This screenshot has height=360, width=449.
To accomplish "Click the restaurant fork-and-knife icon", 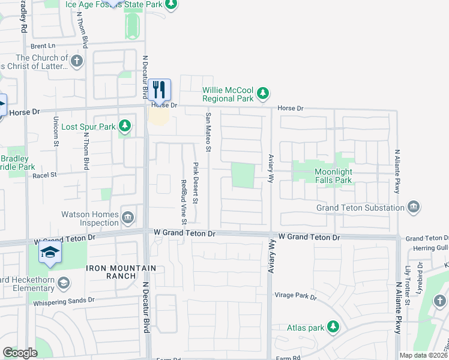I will pos(159,90).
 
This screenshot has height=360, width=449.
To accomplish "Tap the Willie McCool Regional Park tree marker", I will pos(262,93).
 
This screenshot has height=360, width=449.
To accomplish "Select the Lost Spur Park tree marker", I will pos(124,126).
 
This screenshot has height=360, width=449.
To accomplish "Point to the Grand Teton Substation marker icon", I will pos(413,207).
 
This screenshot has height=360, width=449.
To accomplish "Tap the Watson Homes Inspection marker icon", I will pos(128,217).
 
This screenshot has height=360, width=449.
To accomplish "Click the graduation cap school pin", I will pos(50,253).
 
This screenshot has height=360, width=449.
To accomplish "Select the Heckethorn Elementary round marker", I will pos(64,283).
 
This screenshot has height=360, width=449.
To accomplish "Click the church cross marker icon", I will pos(76,61).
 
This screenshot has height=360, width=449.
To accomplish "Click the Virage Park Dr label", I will pos(295,296).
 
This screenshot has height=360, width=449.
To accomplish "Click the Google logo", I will pos(20,352).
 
